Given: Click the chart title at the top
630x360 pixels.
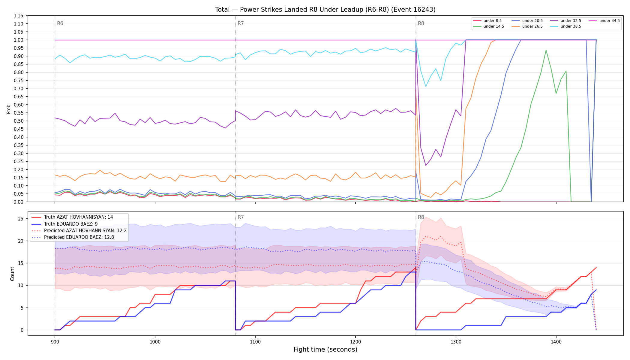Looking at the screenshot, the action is [x=325, y=10].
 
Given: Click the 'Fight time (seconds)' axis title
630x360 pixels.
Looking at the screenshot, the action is [x=325, y=349].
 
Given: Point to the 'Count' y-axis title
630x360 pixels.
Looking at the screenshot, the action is [x=12, y=274].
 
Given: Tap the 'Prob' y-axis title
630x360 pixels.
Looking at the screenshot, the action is [x=8, y=109].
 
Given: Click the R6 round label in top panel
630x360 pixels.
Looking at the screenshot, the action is [x=60, y=23].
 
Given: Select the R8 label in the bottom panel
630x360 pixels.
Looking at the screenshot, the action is [x=421, y=217].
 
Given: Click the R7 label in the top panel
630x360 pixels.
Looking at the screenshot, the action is [x=241, y=23].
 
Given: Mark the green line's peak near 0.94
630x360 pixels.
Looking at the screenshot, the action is [x=546, y=50].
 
